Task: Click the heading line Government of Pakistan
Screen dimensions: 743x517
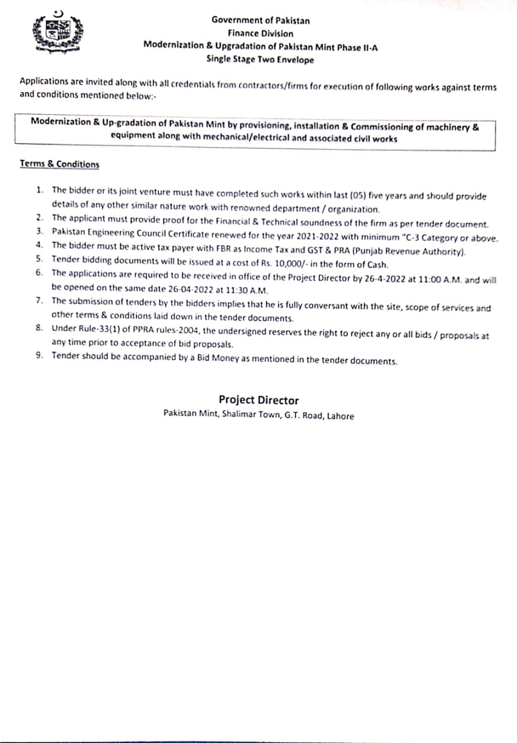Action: coord(261,20)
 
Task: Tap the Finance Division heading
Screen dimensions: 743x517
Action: coord(261,34)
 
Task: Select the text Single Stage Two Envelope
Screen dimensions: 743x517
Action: coord(260,59)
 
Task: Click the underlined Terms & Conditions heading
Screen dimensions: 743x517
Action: coord(59,164)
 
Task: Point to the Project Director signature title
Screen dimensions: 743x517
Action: coord(259,400)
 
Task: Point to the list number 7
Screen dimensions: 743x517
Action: coord(39,300)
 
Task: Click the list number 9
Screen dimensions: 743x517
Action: coord(39,356)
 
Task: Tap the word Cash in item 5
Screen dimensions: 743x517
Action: coord(375,265)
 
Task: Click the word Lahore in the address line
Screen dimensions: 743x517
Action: coord(340,416)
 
